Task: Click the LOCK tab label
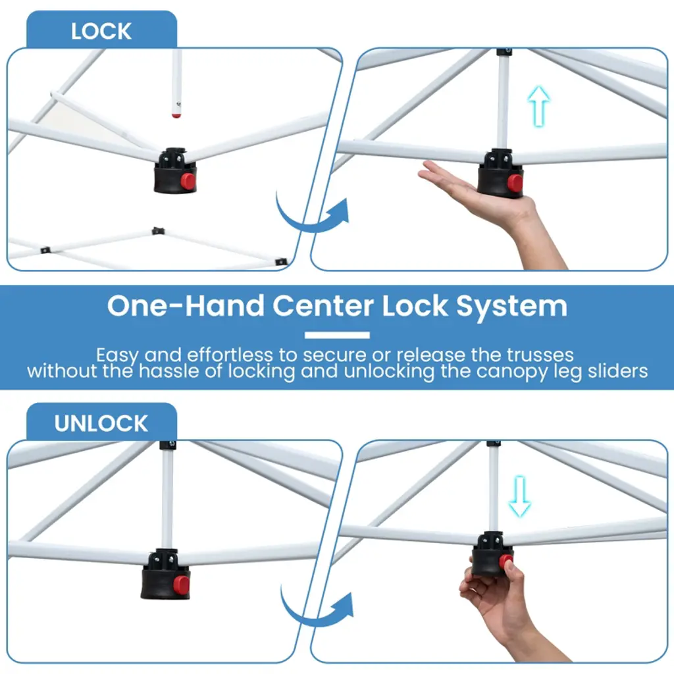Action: pos(101,32)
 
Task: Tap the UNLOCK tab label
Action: pos(101,423)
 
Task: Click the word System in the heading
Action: pos(511,306)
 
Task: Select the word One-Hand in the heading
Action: pos(186,305)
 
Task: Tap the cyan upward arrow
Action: pos(538,106)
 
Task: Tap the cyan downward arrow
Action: pos(520,496)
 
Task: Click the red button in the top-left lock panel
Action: pos(188,181)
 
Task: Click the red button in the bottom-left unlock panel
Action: pos(181,584)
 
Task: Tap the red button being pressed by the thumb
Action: pos(505,561)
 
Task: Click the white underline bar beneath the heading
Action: pos(337,335)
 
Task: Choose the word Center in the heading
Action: pos(323,306)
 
